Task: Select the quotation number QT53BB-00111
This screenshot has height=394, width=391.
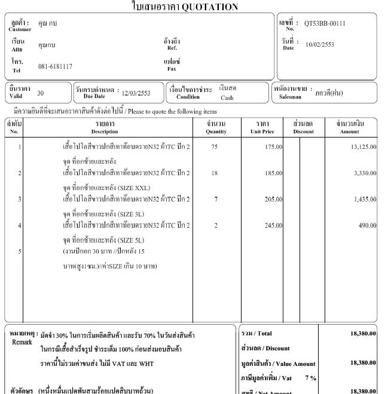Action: pos(325,24)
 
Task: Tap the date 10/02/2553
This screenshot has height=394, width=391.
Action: pos(320,45)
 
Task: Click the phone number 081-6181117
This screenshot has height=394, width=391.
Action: pos(55,66)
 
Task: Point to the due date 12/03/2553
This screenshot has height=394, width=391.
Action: pos(136,93)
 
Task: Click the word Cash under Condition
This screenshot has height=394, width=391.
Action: pos(227,97)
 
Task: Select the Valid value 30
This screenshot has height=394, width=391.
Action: pos(40,93)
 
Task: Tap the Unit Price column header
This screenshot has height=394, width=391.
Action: pos(262,131)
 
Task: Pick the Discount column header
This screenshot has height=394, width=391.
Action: pos(303,131)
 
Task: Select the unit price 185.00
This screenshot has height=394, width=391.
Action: pos(273,173)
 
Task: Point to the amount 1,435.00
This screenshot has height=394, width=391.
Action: pos(364,199)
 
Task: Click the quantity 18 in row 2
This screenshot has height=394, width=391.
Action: pos(215,173)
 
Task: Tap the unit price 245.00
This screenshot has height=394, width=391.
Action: pos(273,225)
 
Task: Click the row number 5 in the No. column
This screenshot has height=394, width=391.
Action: pos(20,251)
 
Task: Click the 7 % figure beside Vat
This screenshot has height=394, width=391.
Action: pos(310,378)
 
